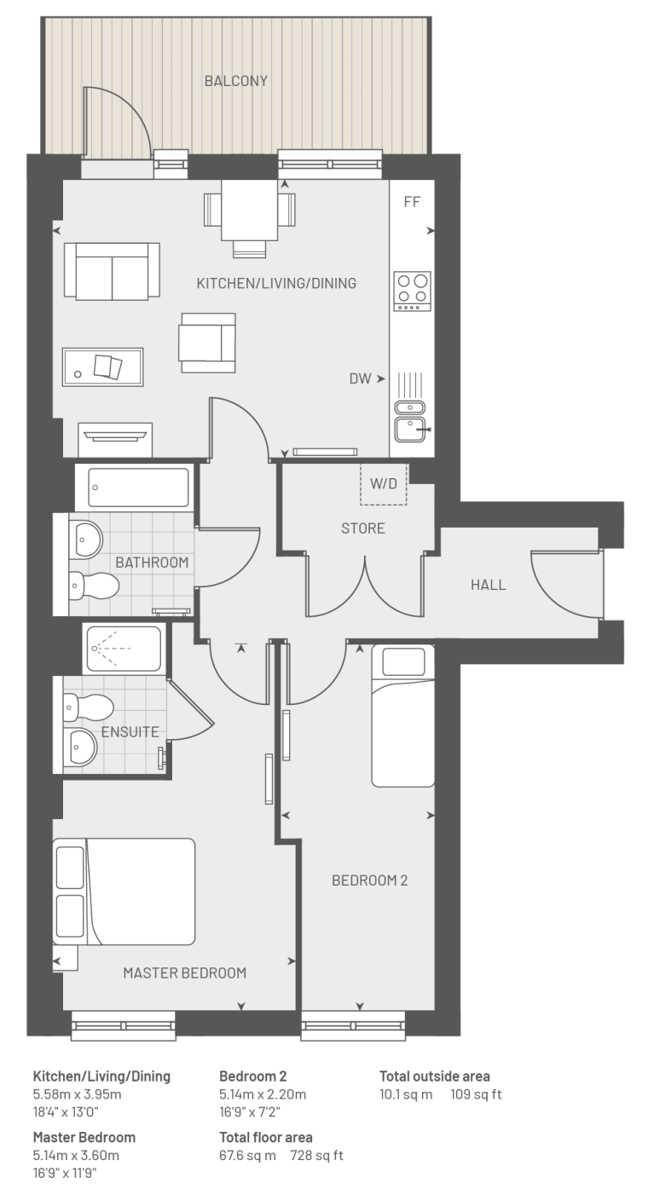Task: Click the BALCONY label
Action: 236,81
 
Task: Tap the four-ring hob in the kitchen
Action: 412,291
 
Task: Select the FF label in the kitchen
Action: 412,202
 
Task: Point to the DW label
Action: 360,378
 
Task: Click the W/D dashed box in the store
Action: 384,483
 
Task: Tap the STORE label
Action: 363,528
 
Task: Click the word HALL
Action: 488,585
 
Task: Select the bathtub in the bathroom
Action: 138,488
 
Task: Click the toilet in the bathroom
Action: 94,586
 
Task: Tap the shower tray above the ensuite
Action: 124,648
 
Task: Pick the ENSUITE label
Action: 130,732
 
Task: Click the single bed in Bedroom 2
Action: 402,716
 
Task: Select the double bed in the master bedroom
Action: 124,892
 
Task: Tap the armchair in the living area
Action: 207,343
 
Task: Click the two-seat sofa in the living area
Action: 112,271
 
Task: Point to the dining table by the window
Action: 250,211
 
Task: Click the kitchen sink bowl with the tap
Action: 411,429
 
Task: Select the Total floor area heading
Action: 266,1138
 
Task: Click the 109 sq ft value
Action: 476,1094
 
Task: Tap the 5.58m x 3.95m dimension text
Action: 77,1094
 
